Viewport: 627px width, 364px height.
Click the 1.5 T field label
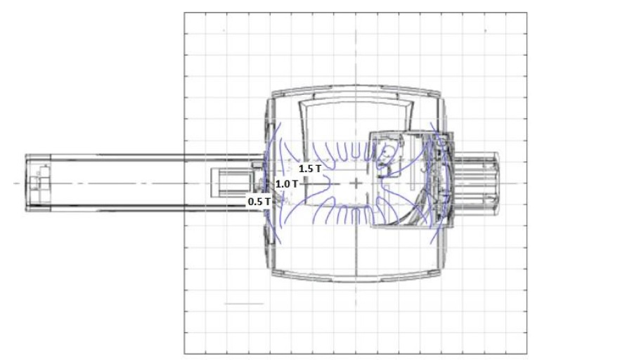(x=310, y=169)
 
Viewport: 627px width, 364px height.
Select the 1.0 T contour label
(x=287, y=184)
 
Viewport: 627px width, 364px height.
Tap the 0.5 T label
(x=259, y=202)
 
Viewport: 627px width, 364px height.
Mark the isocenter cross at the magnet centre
(x=356, y=183)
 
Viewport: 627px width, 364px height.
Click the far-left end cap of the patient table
(x=38, y=183)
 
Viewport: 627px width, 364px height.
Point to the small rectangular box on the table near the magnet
(x=233, y=183)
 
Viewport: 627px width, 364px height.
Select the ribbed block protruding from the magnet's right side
(x=477, y=183)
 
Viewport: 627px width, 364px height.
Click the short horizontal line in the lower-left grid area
(x=244, y=304)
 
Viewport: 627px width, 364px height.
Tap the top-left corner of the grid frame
(x=184, y=13)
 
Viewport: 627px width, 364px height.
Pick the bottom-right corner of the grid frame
(x=526, y=353)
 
